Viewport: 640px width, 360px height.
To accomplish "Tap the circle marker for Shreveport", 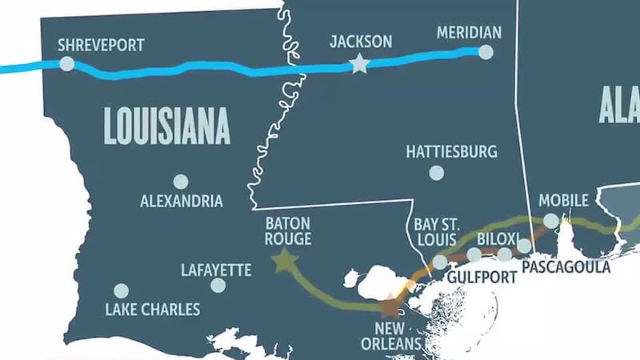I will (x=67, y=63).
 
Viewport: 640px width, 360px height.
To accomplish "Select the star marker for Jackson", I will (x=359, y=64).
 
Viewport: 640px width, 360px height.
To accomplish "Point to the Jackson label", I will (x=362, y=42).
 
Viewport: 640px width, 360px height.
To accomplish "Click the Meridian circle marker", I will (x=486, y=52).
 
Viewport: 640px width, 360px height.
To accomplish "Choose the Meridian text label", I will (x=469, y=33).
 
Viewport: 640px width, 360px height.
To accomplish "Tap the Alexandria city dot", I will (x=181, y=182).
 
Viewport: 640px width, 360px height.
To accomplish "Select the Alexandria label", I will (x=181, y=202).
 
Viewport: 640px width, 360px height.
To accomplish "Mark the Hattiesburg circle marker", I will (x=436, y=172).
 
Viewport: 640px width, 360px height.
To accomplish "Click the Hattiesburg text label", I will (x=451, y=151).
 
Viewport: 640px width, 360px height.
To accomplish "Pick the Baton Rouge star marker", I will (x=282, y=261).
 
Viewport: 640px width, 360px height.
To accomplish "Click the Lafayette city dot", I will (x=218, y=286).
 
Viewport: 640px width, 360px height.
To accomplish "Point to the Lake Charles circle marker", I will (x=121, y=290).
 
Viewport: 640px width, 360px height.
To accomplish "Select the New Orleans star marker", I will (x=390, y=306).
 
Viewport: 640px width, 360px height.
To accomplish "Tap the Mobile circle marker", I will (x=551, y=221).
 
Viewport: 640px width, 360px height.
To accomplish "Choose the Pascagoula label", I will (x=566, y=267).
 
